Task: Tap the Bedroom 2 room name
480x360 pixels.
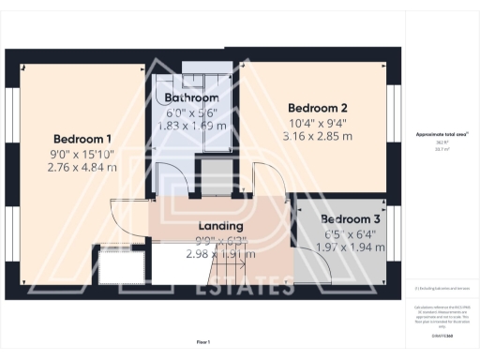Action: click(318, 107)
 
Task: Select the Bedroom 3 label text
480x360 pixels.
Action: click(331, 218)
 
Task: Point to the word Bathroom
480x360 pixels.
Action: click(191, 97)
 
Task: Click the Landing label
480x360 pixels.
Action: click(221, 226)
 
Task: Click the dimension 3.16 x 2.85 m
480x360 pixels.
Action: click(318, 136)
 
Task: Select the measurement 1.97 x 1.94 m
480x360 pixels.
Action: click(330, 247)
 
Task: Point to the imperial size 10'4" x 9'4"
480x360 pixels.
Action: click(318, 122)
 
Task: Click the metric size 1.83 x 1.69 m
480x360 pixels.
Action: click(191, 123)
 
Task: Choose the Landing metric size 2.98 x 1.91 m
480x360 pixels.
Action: click(221, 253)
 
